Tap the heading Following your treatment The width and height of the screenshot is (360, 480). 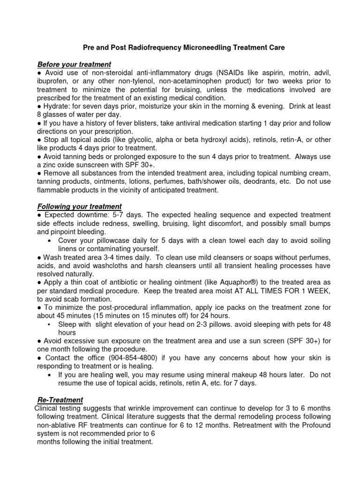(79, 206)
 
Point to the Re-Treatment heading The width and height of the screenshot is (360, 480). (60, 400)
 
